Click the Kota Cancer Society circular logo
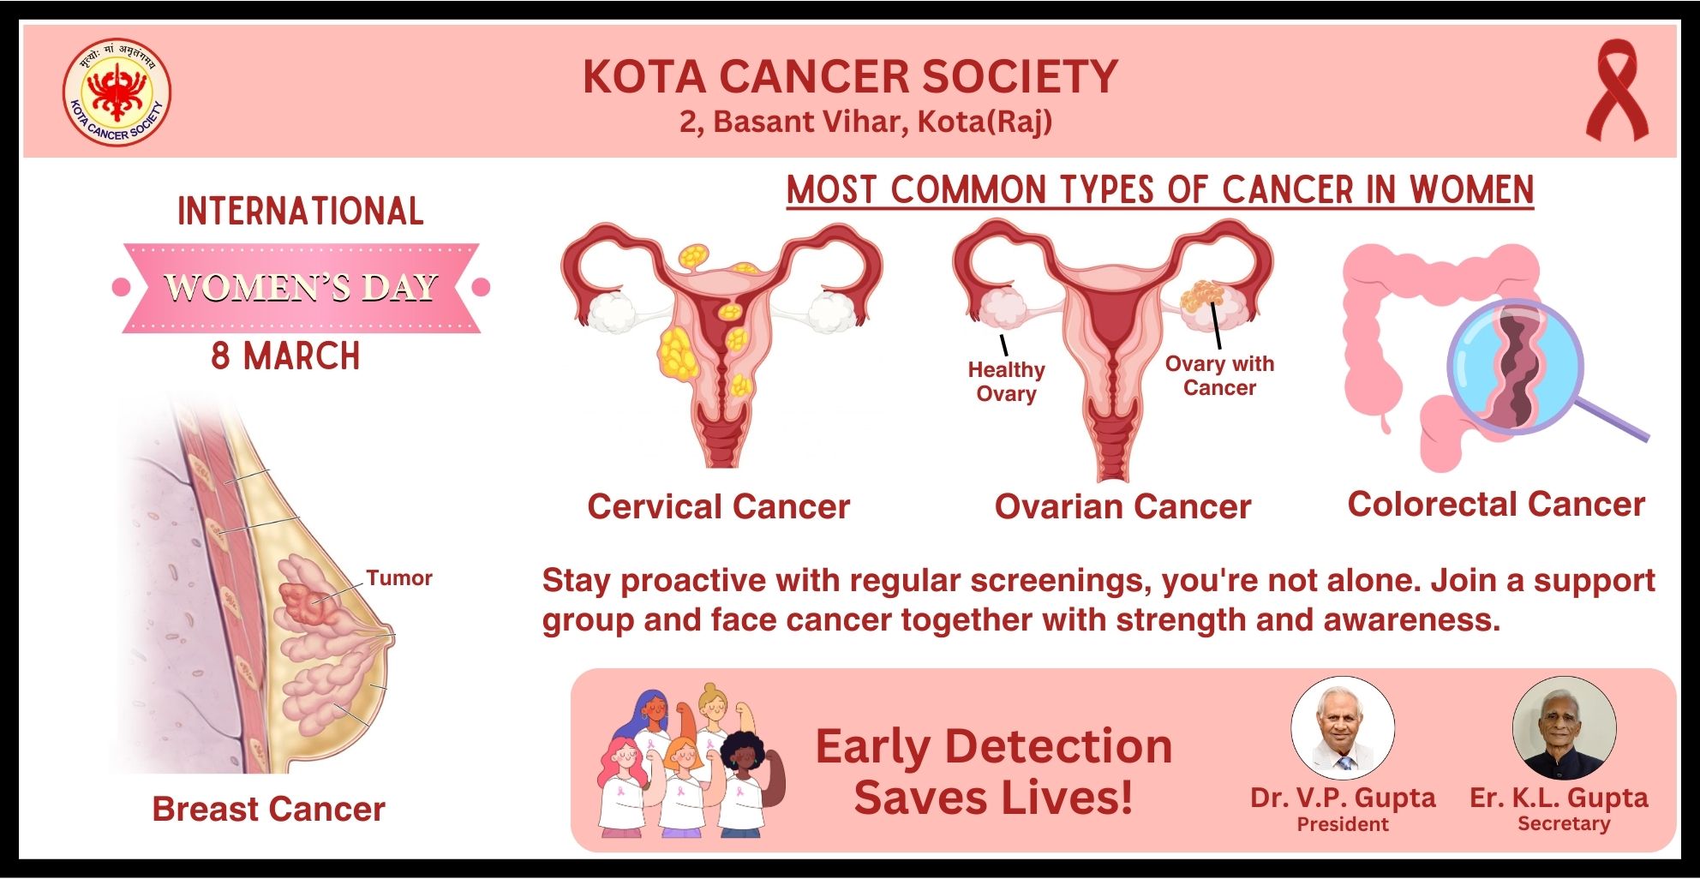tap(117, 92)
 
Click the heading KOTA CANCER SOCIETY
tap(850, 76)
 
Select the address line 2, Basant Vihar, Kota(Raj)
tap(865, 122)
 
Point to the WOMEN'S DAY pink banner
tap(301, 288)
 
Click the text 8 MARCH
tap(285, 356)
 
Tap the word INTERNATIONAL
tap(301, 212)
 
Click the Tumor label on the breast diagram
tap(399, 578)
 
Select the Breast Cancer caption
tap(268, 810)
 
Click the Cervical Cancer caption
tap(718, 506)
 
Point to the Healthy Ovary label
tap(1006, 381)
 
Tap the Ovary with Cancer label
tap(1219, 375)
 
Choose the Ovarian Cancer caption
tap(1122, 507)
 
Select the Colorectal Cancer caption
tap(1496, 504)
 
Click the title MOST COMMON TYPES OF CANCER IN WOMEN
tap(1160, 190)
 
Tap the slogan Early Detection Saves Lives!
tap(994, 771)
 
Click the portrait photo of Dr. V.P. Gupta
tap(1343, 728)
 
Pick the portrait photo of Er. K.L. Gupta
tap(1565, 728)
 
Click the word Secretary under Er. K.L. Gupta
tap(1564, 823)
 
